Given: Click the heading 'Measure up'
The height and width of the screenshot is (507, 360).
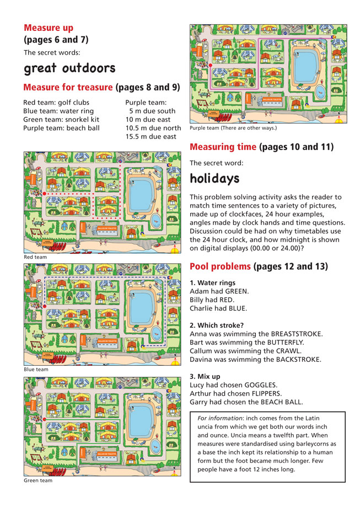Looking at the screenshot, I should pos(49,28).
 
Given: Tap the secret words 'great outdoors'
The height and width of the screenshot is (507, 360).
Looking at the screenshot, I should pos(69,68).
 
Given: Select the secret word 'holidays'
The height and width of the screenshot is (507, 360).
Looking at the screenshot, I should pos(214,178).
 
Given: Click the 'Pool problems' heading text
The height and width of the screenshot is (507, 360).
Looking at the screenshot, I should pos(220,266).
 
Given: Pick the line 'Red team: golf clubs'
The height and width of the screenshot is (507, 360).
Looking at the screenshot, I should pos(56,103).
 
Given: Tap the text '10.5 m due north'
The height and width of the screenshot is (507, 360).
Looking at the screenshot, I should pos(153,128).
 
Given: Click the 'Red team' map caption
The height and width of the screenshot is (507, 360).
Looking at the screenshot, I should pos(35,257).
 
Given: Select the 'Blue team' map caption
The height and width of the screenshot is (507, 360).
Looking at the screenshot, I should pos(35,369).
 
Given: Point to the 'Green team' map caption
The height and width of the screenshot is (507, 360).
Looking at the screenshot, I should pos(37,481).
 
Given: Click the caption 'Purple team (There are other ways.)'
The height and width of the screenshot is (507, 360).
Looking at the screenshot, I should pos(233,128).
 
